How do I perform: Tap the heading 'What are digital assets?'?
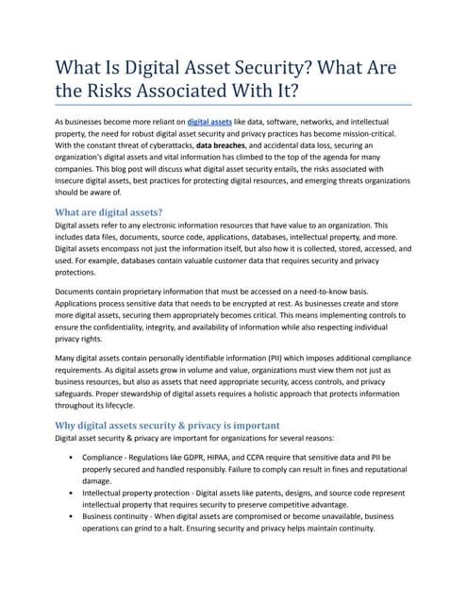tap(108, 212)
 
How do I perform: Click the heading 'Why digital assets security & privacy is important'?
tap(167, 426)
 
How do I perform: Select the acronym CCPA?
tap(294, 457)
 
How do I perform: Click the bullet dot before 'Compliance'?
tap(73, 457)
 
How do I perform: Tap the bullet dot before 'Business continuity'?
tap(73, 516)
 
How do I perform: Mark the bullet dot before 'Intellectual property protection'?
tap(73, 493)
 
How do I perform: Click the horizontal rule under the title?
tap(234, 105)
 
